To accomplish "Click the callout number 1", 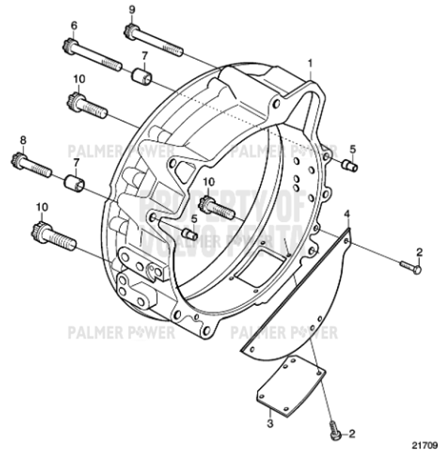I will pyautogui.click(x=309, y=61).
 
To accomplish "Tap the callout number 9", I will pyautogui.click(x=131, y=9).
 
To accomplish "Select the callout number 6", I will pyautogui.click(x=74, y=26).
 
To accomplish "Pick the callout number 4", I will pyautogui.click(x=347, y=215).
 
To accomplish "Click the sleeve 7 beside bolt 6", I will pyautogui.click(x=141, y=77).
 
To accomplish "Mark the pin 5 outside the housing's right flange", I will pyautogui.click(x=348, y=166).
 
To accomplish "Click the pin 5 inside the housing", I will pyautogui.click(x=188, y=234).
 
